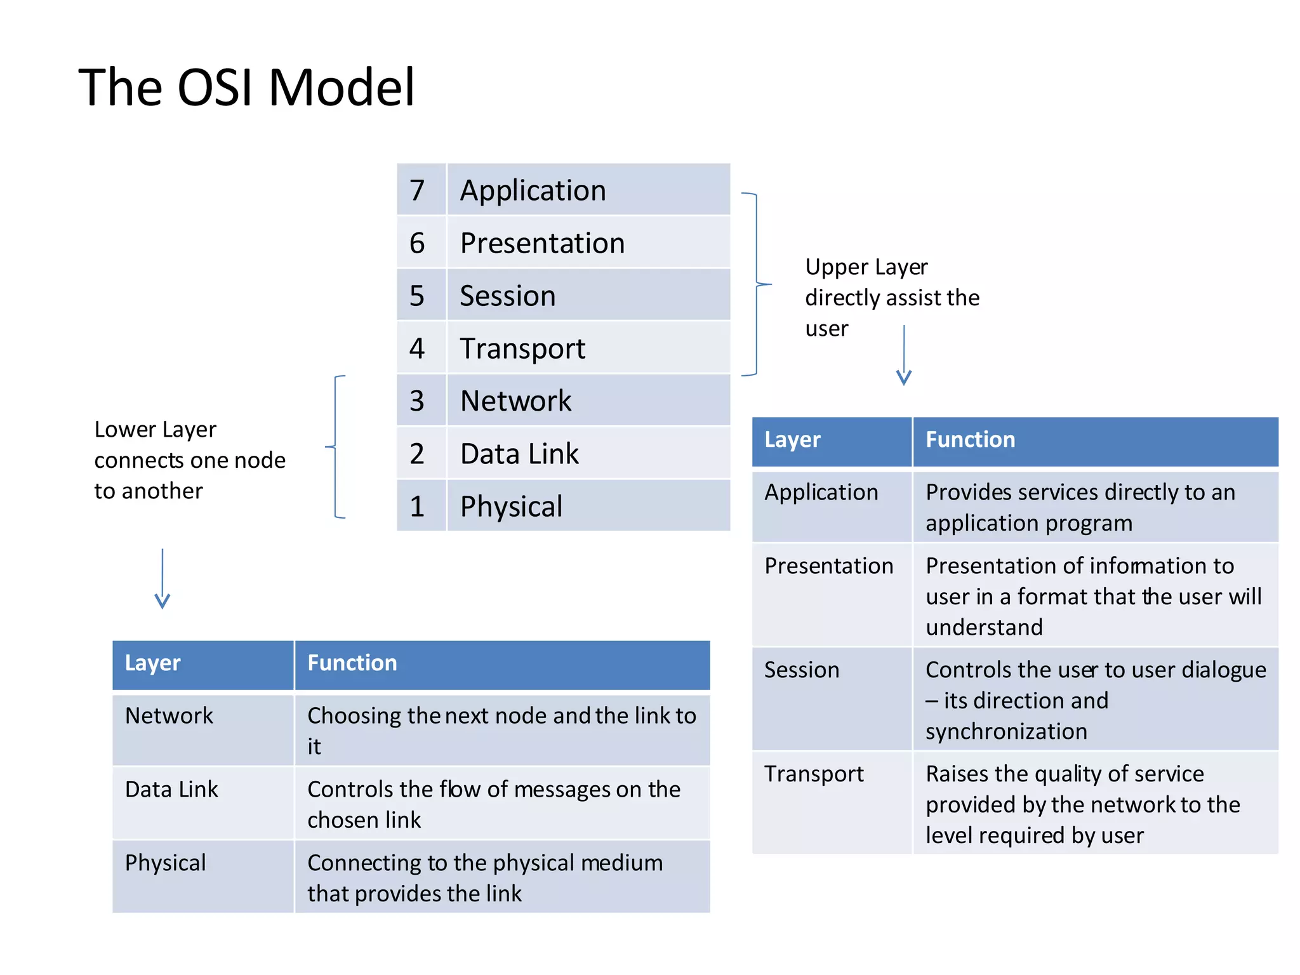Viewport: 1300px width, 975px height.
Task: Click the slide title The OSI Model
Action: pyautogui.click(x=246, y=88)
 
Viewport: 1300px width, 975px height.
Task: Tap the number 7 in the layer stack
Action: pyautogui.click(x=417, y=190)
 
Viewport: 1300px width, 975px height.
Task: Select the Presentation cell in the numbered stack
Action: pyautogui.click(x=542, y=243)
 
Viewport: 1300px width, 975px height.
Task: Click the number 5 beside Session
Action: pyautogui.click(x=417, y=296)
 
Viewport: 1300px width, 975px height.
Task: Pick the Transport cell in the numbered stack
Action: pyautogui.click(x=522, y=348)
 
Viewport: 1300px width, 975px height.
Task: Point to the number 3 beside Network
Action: pyautogui.click(x=417, y=401)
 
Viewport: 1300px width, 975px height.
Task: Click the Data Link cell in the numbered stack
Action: pyautogui.click(x=519, y=454)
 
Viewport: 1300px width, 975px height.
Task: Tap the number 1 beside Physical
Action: pyautogui.click(x=417, y=507)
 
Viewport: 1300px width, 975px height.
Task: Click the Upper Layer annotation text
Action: pyautogui.click(x=891, y=297)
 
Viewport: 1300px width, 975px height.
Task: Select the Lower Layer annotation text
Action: pyautogui.click(x=189, y=460)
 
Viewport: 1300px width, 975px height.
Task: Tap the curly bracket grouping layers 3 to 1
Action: pyautogui.click(x=336, y=447)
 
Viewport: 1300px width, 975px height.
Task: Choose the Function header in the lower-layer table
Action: pyautogui.click(x=352, y=663)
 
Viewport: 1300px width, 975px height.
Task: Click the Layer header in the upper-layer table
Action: pyautogui.click(x=792, y=440)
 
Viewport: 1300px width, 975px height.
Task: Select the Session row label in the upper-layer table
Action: pyautogui.click(x=802, y=670)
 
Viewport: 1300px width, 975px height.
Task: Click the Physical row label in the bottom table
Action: pyautogui.click(x=166, y=863)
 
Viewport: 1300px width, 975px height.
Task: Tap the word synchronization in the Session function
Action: pyautogui.click(x=1006, y=732)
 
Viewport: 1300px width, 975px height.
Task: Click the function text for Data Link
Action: pyautogui.click(x=493, y=804)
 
